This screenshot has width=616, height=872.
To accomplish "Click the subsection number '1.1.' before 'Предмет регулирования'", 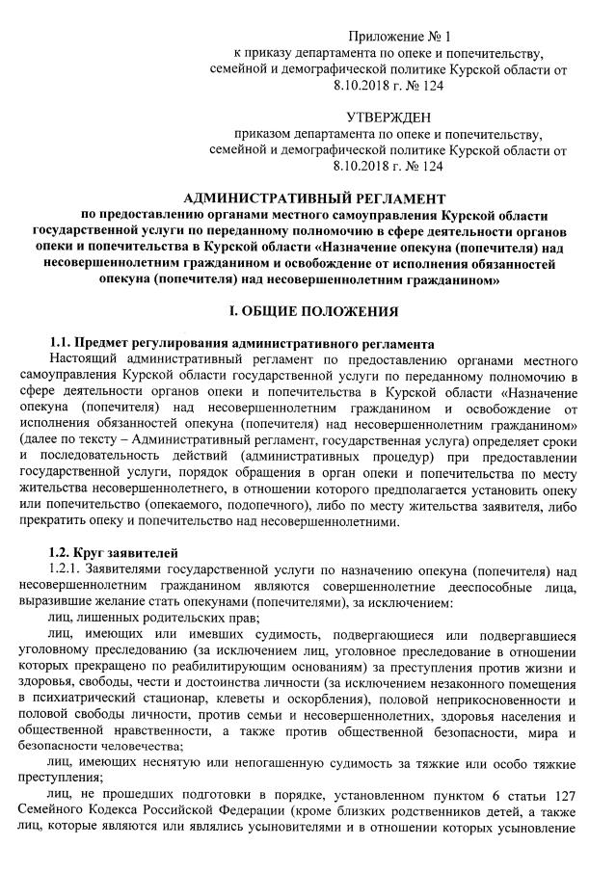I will point(62,344).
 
